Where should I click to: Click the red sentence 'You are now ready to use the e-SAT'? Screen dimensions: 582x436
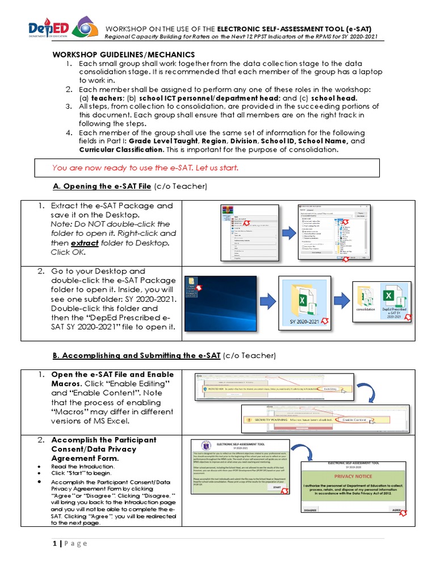[145, 168]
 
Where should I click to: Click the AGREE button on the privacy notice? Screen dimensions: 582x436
[395, 510]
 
